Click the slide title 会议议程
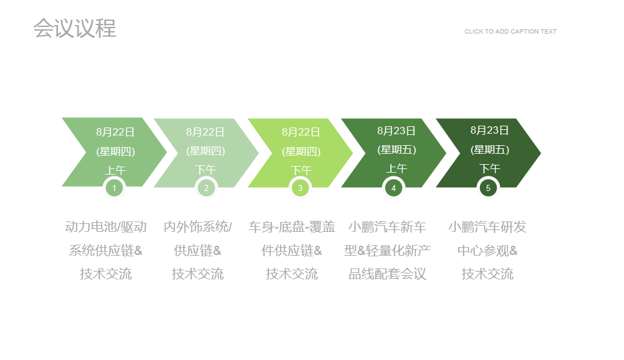click(x=74, y=28)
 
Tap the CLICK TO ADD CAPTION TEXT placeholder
click(x=510, y=32)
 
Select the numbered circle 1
click(x=114, y=188)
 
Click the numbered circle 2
click(x=206, y=188)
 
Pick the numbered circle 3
click(x=300, y=188)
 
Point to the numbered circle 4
click(x=393, y=188)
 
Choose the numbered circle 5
click(x=489, y=188)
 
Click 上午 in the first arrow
click(x=115, y=170)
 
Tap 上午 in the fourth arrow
click(x=396, y=169)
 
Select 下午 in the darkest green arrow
click(x=489, y=169)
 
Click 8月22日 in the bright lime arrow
click(x=301, y=132)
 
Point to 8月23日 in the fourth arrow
click(x=396, y=131)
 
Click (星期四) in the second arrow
click(x=206, y=151)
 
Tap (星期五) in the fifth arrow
click(x=489, y=149)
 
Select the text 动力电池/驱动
click(x=106, y=226)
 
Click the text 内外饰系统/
click(x=198, y=226)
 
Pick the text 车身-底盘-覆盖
click(x=292, y=226)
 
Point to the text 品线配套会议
click(x=387, y=273)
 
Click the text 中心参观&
click(x=487, y=251)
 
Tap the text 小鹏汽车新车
click(x=387, y=226)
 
